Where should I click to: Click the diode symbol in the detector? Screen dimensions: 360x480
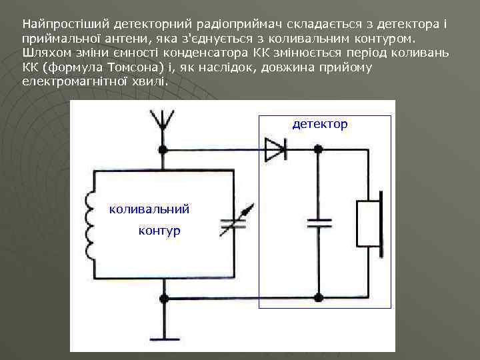275,149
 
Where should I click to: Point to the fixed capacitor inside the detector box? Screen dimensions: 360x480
319,223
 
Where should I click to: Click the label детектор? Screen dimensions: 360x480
319,125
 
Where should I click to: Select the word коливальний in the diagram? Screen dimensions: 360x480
149,209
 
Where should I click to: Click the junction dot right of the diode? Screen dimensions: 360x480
319,150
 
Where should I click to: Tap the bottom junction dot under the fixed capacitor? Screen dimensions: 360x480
319,297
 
